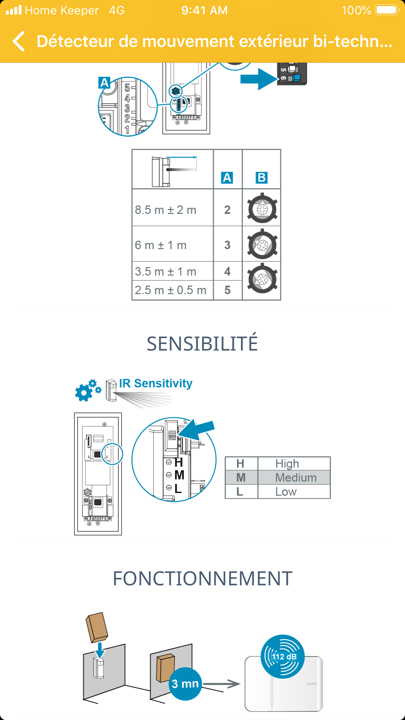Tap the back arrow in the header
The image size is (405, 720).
(x=19, y=41)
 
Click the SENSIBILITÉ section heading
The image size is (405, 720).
(x=202, y=344)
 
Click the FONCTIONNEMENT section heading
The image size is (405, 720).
(x=202, y=578)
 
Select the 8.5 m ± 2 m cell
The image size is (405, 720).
(x=166, y=210)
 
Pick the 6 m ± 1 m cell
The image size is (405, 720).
(x=161, y=245)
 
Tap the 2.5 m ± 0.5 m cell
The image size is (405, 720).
(x=171, y=290)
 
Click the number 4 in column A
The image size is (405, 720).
(x=227, y=271)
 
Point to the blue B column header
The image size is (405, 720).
(x=262, y=178)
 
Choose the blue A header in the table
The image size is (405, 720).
(x=227, y=178)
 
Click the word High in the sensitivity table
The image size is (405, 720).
(x=287, y=463)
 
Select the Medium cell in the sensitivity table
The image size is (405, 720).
(x=296, y=477)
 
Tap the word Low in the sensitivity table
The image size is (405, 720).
(x=286, y=491)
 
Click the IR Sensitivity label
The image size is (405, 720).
(x=156, y=383)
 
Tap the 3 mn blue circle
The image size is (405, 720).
(x=185, y=683)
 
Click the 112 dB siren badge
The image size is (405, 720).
(x=283, y=656)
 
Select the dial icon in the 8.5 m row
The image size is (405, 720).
(x=262, y=209)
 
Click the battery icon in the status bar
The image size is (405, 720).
(x=387, y=10)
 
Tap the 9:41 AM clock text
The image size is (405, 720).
(x=204, y=10)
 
